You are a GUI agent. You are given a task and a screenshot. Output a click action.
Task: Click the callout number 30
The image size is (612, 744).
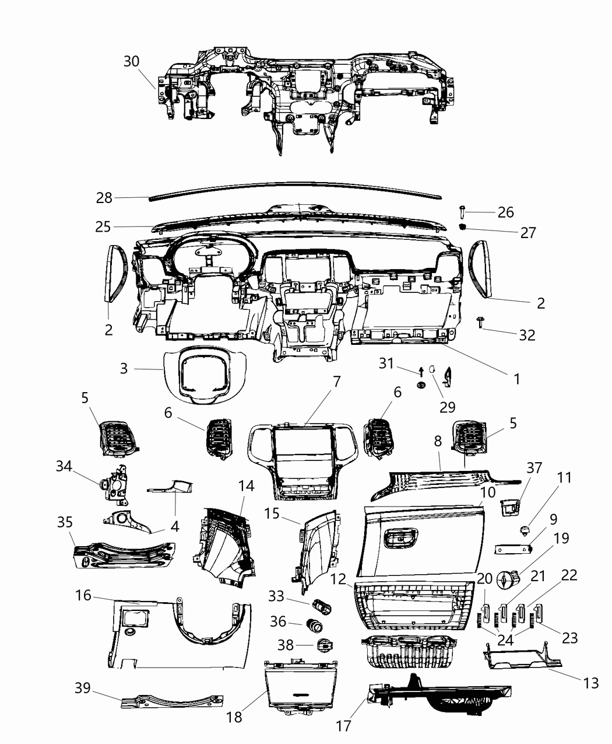pos(132,61)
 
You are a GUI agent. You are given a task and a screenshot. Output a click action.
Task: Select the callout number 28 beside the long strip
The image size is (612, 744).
pos(104,198)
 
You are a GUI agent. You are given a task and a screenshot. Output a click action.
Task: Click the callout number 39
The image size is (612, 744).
pos(83,688)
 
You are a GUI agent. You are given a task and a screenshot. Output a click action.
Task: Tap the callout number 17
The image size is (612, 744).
pos(344,725)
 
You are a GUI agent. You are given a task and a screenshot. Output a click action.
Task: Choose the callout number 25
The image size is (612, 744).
pos(103,226)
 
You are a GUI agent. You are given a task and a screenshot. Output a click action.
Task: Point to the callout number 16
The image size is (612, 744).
pos(83,595)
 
